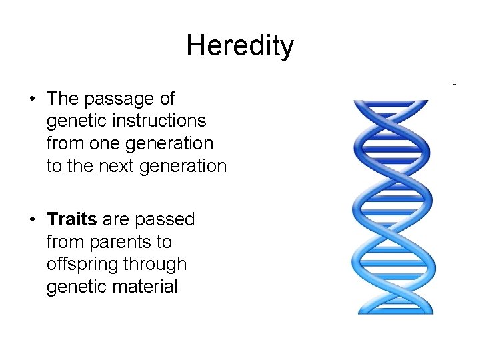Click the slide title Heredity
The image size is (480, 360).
click(239, 46)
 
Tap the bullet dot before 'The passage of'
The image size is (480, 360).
click(32, 99)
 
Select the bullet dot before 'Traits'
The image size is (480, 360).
click(32, 219)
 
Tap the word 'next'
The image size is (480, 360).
click(117, 166)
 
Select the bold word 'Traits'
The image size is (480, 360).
click(72, 219)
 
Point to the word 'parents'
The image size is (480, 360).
click(119, 242)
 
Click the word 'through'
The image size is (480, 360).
click(154, 265)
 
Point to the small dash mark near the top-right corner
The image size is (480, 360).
click(454, 85)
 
